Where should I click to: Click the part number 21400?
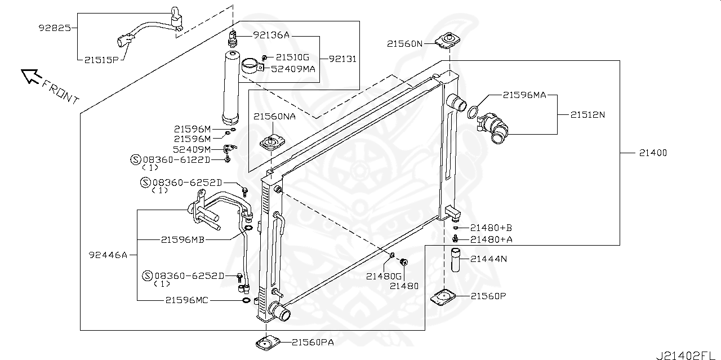tap(653, 153)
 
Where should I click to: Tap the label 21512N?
tap(588, 114)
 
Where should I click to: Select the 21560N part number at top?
tap(404, 43)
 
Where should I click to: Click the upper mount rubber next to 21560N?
tap(448, 40)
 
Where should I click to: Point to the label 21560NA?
tap(274, 117)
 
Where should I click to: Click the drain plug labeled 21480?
tap(403, 262)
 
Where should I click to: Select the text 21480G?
tap(384, 276)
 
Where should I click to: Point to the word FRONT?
tap(60, 91)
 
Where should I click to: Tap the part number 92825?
tap(55, 27)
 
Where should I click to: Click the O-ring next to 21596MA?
tap(474, 113)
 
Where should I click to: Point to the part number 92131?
tap(342, 59)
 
